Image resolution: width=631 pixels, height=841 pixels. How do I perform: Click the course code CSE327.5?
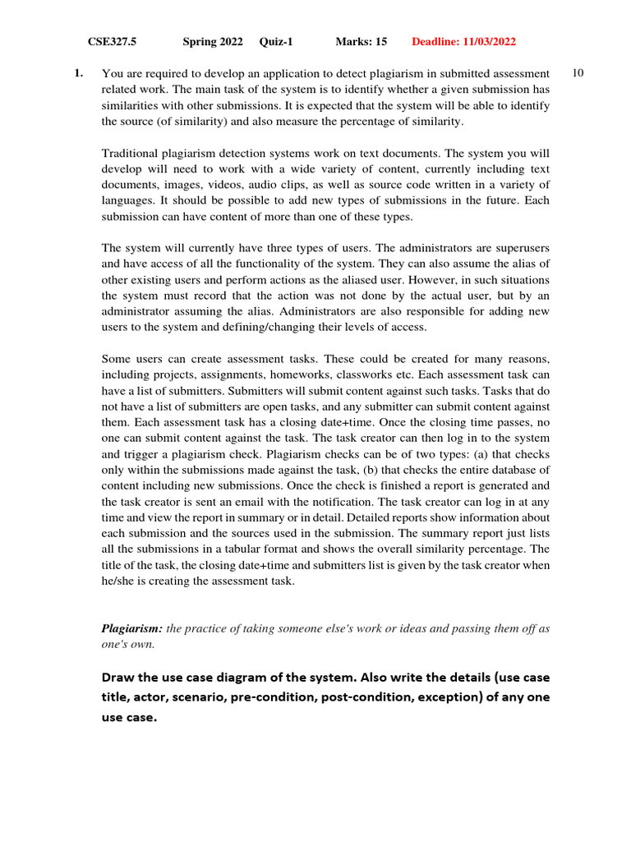112,42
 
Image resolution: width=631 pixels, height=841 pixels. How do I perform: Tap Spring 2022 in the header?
212,42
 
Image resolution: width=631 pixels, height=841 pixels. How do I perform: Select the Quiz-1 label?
276,42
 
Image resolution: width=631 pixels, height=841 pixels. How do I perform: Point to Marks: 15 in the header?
361,42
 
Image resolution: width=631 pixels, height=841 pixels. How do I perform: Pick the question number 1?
78,74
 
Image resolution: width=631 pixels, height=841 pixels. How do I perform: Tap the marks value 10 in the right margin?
578,74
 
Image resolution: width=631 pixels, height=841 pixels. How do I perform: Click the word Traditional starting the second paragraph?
131,154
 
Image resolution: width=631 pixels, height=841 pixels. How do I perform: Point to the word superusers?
522,248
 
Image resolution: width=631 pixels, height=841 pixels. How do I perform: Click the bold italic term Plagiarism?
132,628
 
